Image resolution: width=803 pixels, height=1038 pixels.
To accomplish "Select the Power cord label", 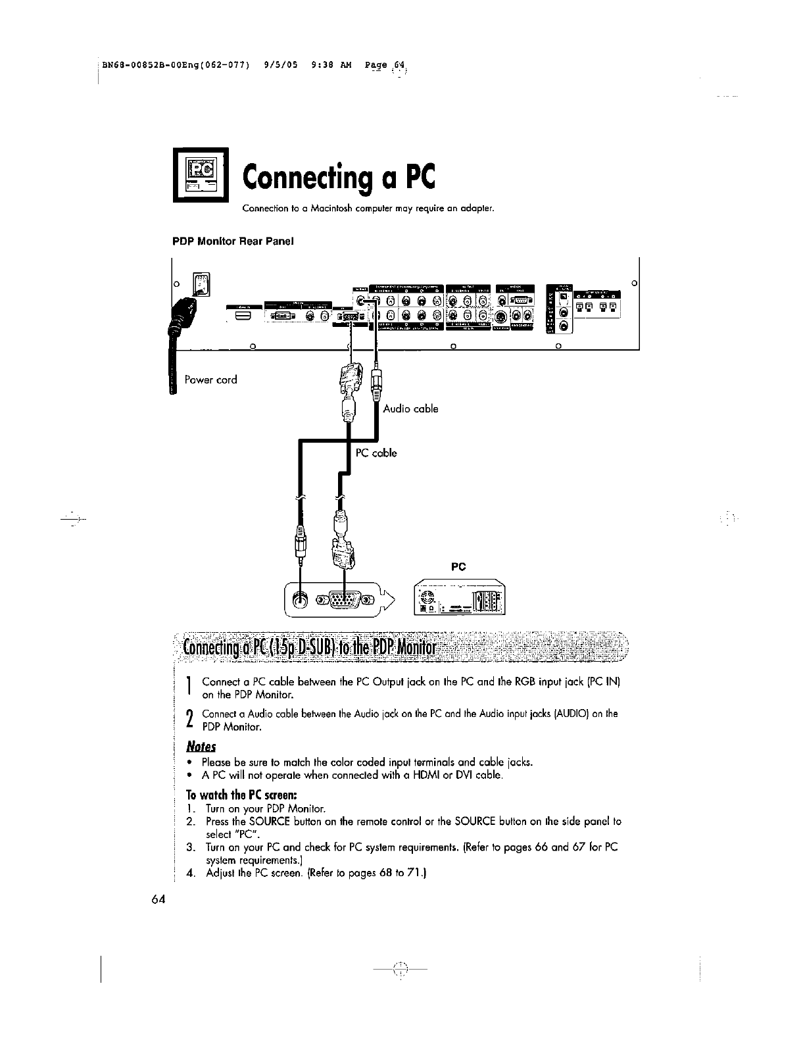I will tap(210, 380).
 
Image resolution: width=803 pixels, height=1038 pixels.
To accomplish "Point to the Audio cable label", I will tap(410, 408).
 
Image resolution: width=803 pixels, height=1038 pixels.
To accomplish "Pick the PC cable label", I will tap(376, 453).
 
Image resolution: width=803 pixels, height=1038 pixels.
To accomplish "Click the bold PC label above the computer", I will tap(458, 565).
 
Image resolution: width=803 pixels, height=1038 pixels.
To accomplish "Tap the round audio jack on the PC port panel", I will tap(301, 599).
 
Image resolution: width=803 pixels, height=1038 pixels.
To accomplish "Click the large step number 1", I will tap(189, 687).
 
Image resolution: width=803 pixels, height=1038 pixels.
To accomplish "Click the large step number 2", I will tap(189, 720).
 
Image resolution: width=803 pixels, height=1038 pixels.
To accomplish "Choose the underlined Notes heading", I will tap(201, 747).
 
